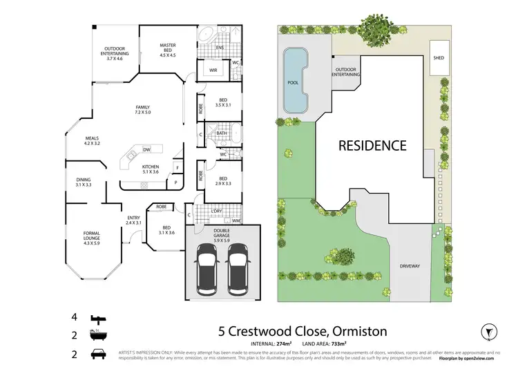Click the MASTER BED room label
(168, 50)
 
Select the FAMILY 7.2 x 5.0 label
(142, 110)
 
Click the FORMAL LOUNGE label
(92, 237)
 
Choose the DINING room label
(84, 182)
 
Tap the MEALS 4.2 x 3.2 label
(93, 141)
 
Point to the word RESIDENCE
(371, 146)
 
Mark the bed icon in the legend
(97, 319)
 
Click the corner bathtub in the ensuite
(207, 35)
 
